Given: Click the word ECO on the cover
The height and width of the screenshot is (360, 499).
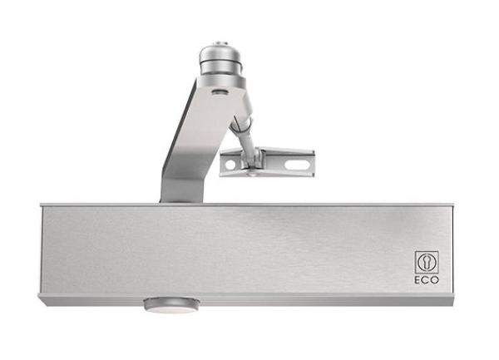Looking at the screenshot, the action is coord(427,280).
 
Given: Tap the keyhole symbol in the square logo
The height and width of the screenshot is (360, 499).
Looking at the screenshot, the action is coord(427,263).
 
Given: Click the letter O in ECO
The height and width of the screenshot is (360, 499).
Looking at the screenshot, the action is coord(435,280).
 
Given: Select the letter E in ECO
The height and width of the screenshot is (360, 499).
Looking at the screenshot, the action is coord(417,280).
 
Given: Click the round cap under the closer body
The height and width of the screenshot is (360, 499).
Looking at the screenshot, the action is coord(171,304).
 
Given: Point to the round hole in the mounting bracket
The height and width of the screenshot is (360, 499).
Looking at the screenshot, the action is coord(230,165).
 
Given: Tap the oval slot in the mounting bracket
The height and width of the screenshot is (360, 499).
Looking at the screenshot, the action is coord(297,165).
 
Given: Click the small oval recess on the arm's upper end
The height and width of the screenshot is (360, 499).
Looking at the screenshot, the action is coord(220,92).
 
